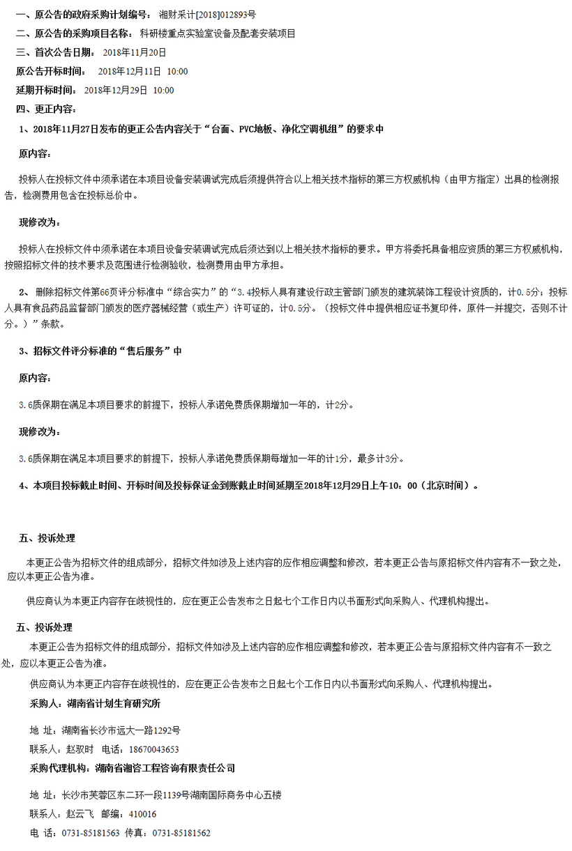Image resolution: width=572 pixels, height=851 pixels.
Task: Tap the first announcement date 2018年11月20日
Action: coord(135,52)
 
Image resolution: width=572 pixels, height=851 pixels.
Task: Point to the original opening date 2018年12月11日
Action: coord(130,71)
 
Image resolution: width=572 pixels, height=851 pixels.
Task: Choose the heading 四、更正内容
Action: coord(47,109)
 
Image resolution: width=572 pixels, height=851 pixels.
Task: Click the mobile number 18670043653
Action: coord(154,749)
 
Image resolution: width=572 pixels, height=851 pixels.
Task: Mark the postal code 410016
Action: coord(142,814)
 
